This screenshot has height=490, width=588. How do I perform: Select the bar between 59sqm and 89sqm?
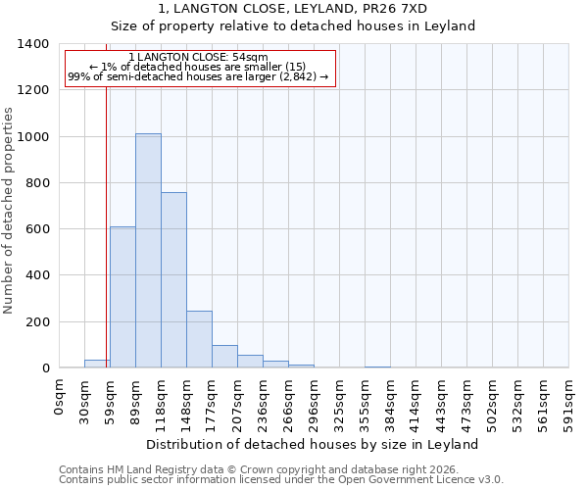[122, 297]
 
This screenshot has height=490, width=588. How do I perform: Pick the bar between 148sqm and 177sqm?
[199, 339]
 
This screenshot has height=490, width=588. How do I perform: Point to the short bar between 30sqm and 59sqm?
[96, 364]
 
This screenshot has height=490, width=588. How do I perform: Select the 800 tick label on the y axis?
[36, 183]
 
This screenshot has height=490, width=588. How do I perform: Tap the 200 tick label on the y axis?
[36, 322]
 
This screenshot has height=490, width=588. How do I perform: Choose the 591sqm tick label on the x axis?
[569, 400]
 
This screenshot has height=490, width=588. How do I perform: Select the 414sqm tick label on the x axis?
[416, 400]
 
